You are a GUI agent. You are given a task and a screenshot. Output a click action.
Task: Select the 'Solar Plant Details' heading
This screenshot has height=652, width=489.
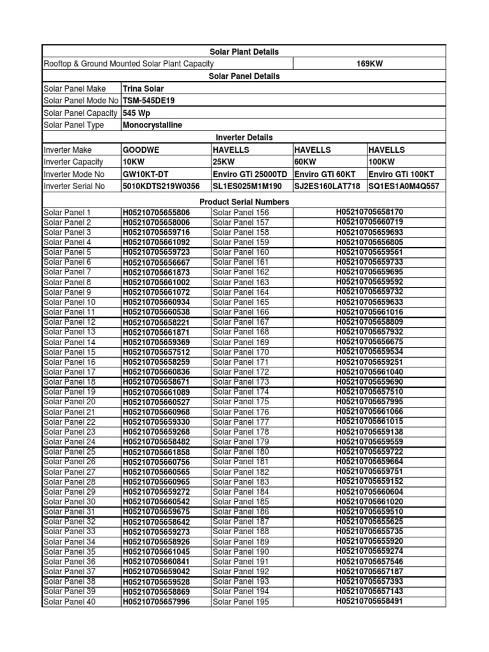click(244, 52)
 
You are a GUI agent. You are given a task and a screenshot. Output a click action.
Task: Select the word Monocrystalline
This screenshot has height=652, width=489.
click(152, 125)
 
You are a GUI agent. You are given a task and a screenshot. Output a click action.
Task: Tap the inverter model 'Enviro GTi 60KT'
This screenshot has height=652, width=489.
click(323, 174)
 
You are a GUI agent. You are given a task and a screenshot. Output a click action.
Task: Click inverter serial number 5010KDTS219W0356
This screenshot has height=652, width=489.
click(161, 186)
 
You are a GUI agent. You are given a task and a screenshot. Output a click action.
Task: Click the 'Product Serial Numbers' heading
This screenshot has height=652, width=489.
click(244, 202)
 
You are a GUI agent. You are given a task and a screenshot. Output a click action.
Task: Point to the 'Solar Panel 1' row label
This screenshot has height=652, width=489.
click(67, 212)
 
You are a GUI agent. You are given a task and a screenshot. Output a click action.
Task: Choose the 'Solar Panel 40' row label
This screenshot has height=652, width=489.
click(69, 602)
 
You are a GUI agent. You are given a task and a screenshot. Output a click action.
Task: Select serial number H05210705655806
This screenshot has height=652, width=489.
click(156, 212)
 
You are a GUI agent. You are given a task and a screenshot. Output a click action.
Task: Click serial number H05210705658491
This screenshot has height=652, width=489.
click(369, 601)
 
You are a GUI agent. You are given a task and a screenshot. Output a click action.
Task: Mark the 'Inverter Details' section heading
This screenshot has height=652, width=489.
click(244, 138)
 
